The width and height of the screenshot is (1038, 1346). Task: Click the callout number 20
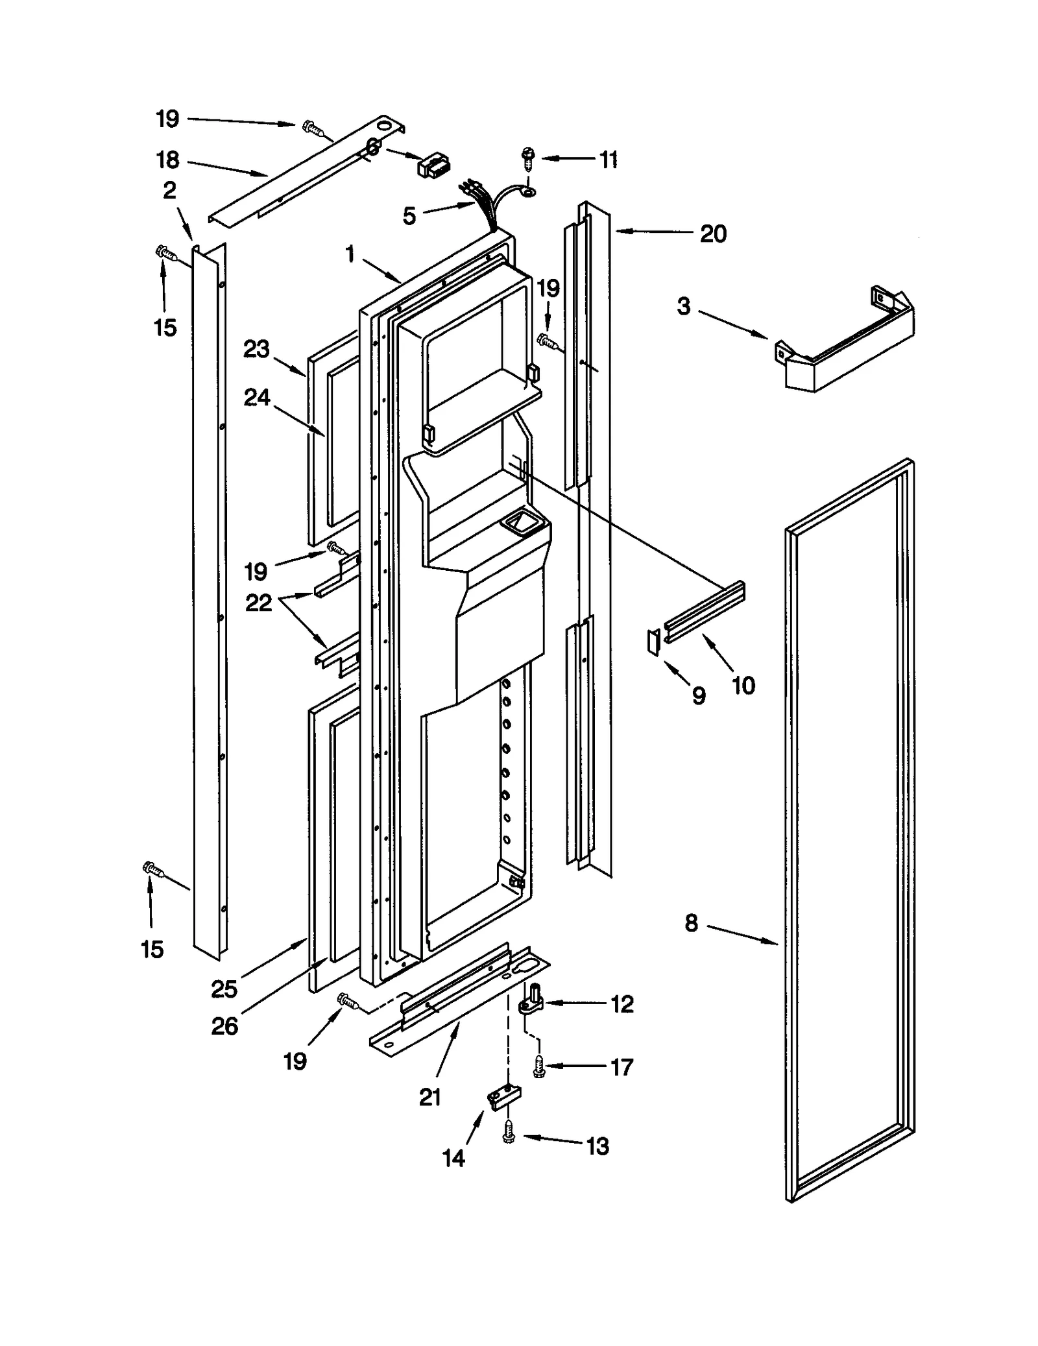coord(712,234)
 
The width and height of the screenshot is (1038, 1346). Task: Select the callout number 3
coord(684,307)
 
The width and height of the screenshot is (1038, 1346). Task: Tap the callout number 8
coord(692,923)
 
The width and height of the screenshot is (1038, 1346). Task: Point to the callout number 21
coord(430,1097)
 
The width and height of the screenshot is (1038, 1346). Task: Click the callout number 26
coord(224,1026)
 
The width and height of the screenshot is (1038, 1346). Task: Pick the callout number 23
coord(256,350)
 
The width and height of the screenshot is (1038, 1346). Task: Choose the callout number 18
coord(167,160)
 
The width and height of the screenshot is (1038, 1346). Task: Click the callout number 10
coord(743,686)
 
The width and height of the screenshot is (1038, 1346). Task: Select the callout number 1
coord(350,254)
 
